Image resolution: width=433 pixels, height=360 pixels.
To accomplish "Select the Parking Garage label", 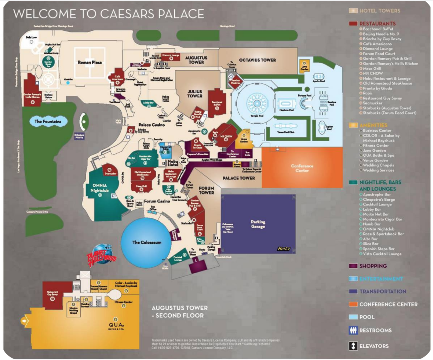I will (258, 224).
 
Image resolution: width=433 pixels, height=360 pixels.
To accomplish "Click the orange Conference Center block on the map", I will (302, 168).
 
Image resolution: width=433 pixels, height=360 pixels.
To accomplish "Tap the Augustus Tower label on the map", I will (194, 60).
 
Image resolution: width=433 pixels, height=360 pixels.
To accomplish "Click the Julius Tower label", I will (194, 93).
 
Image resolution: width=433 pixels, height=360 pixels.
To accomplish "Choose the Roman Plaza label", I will (90, 63).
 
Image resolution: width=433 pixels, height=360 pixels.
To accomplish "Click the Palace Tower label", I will (239, 178).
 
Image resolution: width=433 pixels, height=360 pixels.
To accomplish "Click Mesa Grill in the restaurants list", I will (373, 69).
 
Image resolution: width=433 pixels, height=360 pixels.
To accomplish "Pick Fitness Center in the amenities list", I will (375, 146).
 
